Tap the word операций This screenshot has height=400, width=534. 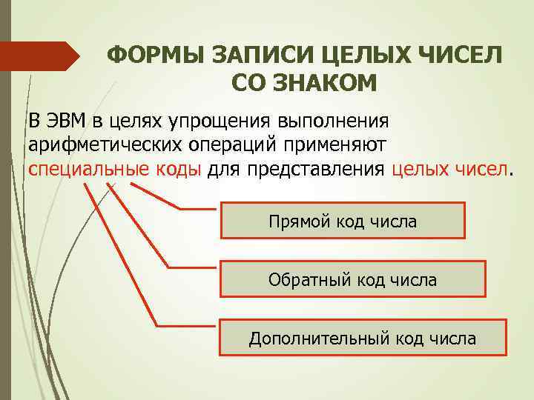click(231, 144)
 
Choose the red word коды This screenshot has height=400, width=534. click(177, 167)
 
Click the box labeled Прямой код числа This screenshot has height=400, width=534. click(343, 221)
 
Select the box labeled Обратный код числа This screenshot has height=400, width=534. click(352, 279)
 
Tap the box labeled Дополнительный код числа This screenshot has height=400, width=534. click(363, 339)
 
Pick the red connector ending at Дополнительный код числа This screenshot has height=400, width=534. click(119, 252)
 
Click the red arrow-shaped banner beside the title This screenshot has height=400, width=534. click(41, 56)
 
